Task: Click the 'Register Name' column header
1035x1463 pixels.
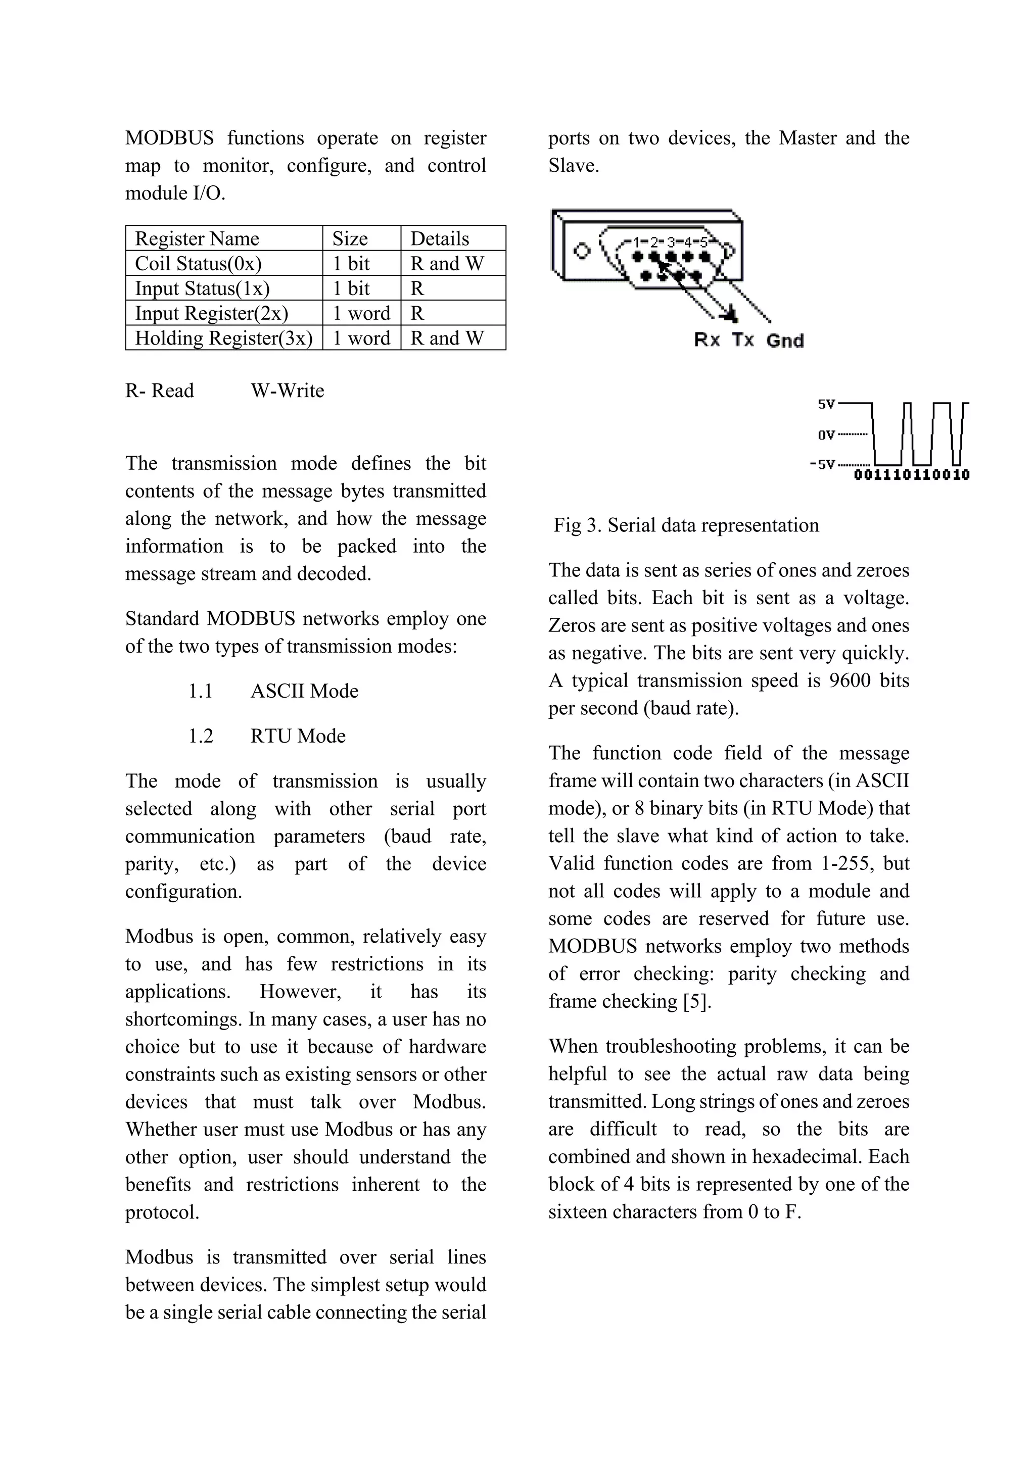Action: pyautogui.click(x=197, y=239)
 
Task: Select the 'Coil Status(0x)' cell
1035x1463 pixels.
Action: pyautogui.click(x=198, y=264)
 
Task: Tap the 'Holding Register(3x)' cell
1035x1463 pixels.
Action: pyautogui.click(x=224, y=338)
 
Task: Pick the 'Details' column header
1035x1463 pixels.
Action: pyautogui.click(x=440, y=239)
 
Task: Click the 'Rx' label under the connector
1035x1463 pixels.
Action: pyautogui.click(x=708, y=340)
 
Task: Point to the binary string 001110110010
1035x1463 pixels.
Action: pyautogui.click(x=911, y=475)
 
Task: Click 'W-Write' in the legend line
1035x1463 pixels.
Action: pyautogui.click(x=288, y=391)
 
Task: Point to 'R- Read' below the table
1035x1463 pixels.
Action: pyautogui.click(x=159, y=391)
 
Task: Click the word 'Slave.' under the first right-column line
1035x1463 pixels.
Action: pyautogui.click(x=574, y=166)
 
